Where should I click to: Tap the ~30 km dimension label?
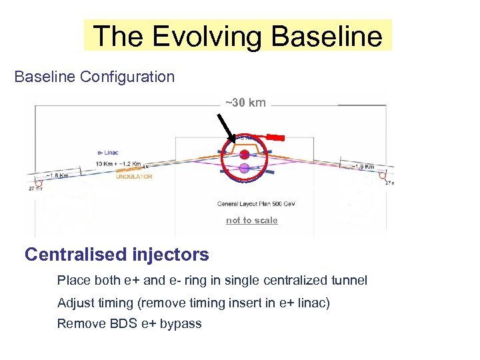[245, 103]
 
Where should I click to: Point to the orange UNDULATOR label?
[134, 177]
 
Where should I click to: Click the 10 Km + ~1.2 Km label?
[118, 163]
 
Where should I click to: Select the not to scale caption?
[251, 221]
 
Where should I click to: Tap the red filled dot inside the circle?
[245, 154]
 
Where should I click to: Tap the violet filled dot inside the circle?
[245, 167]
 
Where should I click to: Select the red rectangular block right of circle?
[275, 137]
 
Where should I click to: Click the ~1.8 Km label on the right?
[364, 167]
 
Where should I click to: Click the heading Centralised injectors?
[117, 254]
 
